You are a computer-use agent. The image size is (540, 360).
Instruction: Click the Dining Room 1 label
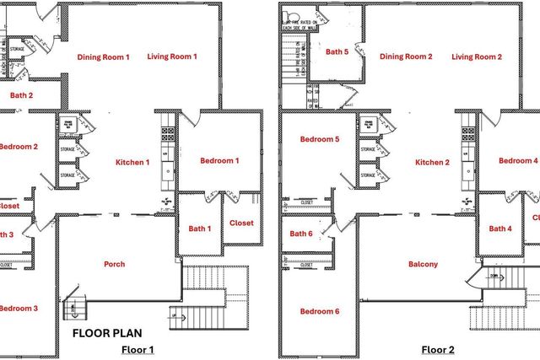pyautogui.click(x=104, y=57)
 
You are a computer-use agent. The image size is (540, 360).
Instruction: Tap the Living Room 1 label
pyautogui.click(x=172, y=56)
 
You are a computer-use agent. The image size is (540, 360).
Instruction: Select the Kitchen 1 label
pyautogui.click(x=132, y=162)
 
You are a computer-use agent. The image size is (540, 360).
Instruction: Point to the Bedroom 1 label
pyautogui.click(x=219, y=161)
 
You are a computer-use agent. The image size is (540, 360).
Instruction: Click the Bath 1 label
pyautogui.click(x=199, y=228)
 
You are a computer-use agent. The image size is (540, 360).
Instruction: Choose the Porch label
pyautogui.click(x=114, y=264)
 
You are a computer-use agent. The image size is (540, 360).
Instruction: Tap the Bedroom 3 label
pyautogui.click(x=19, y=309)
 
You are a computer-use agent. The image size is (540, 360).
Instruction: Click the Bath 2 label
pyautogui.click(x=22, y=95)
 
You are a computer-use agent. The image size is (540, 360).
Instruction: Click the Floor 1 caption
pyautogui.click(x=138, y=349)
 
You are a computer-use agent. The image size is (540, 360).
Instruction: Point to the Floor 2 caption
pyautogui.click(x=438, y=349)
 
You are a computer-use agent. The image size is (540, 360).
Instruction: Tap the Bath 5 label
pyautogui.click(x=337, y=52)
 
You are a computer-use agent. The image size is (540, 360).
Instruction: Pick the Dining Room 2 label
pyautogui.click(x=406, y=57)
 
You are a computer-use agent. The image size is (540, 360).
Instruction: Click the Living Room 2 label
pyautogui.click(x=476, y=57)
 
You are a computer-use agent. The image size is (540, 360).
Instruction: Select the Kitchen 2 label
pyautogui.click(x=432, y=162)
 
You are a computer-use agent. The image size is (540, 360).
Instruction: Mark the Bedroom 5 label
pyautogui.click(x=320, y=139)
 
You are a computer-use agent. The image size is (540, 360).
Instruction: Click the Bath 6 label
pyautogui.click(x=301, y=234)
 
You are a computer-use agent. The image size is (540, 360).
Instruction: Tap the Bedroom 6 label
pyautogui.click(x=320, y=312)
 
